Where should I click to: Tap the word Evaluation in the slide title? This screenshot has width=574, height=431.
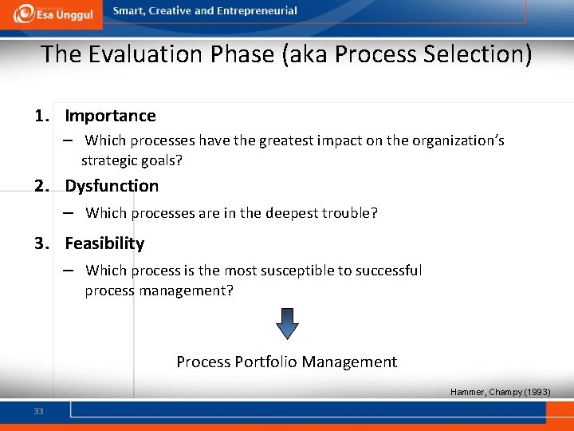[x=135, y=54]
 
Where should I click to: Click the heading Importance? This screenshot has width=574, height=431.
[x=110, y=116]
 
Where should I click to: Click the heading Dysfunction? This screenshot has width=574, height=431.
[x=112, y=186]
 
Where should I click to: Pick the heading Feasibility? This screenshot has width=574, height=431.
[x=104, y=243]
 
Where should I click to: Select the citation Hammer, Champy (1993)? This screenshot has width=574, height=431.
[x=500, y=392]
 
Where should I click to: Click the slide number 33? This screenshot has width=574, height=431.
[x=38, y=411]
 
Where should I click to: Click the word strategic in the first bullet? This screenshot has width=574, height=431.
[x=109, y=160]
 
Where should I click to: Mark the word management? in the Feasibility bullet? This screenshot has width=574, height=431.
[x=184, y=291]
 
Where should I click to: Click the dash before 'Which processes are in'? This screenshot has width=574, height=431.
[x=70, y=212]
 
